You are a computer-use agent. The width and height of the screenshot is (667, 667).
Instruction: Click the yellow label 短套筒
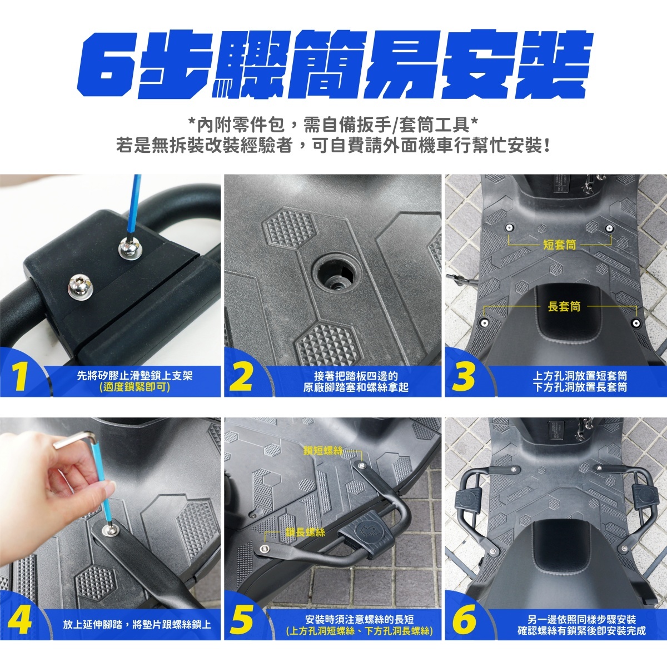[559, 245]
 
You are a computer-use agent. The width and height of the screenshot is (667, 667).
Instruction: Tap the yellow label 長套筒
[564, 306]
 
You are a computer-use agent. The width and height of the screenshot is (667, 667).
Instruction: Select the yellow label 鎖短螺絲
[323, 450]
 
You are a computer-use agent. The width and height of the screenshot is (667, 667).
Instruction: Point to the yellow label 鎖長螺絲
[305, 532]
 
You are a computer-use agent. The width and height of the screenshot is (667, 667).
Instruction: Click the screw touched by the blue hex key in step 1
[128, 248]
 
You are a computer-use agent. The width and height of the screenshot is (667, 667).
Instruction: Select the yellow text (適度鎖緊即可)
[135, 387]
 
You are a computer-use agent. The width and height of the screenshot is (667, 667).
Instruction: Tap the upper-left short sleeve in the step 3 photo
[509, 228]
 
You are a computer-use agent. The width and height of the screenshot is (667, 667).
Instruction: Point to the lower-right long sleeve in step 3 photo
[635, 322]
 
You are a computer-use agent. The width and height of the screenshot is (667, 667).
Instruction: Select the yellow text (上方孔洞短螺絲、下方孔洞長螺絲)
[360, 631]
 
